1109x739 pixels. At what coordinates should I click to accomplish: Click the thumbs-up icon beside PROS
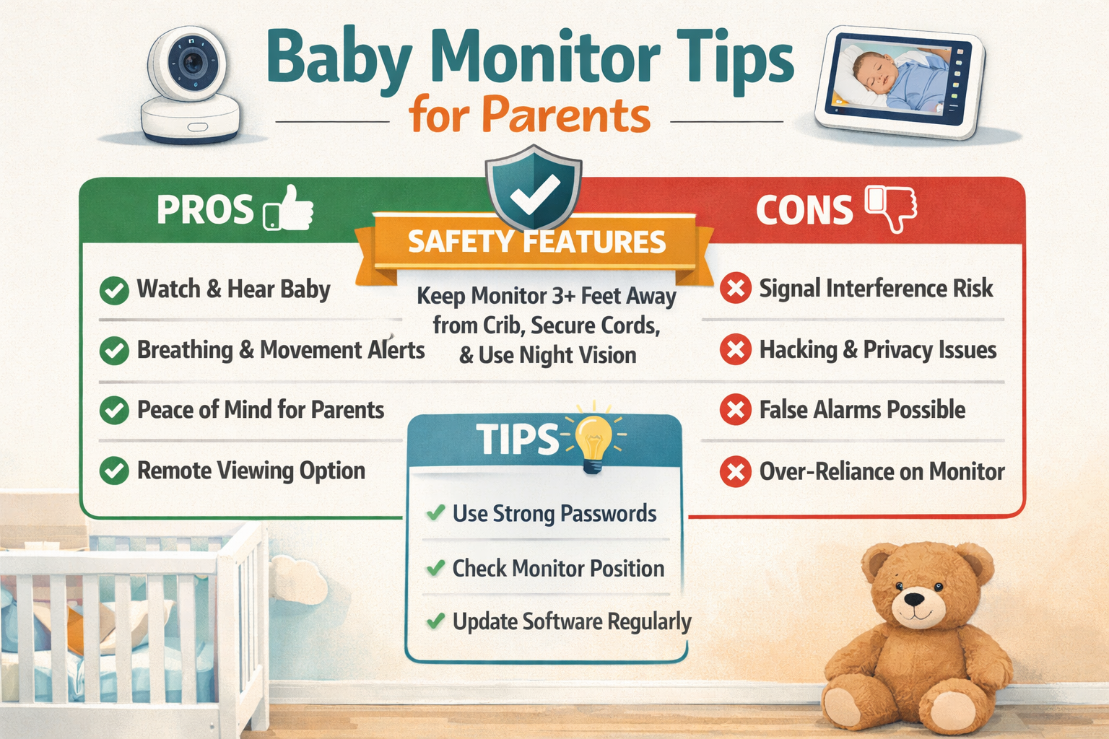point(290,209)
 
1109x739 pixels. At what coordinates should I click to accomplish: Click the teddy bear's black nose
point(914,599)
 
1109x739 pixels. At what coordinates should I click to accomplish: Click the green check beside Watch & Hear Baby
point(114,290)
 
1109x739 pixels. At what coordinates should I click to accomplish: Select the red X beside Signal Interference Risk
point(735,289)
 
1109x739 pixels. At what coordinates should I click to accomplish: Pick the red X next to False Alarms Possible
point(735,410)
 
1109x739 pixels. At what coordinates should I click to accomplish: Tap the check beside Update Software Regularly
point(435,621)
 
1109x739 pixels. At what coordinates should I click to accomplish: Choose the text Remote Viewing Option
point(251,471)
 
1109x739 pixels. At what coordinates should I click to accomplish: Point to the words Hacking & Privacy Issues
point(877,350)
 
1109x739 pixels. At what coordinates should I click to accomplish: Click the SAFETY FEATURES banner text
point(536,242)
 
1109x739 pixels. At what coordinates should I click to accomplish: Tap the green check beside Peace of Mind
point(114,410)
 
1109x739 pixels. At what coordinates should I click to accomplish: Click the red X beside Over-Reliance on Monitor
point(735,472)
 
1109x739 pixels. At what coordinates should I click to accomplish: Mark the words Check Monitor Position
point(558,569)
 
